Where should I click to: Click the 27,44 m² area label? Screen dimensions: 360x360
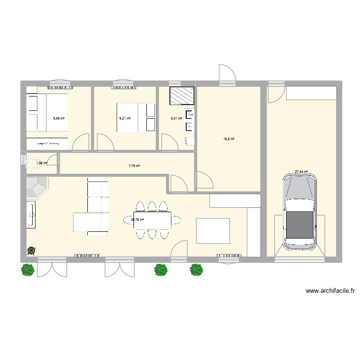pyautogui.click(x=301, y=171)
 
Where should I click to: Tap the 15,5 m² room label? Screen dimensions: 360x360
pyautogui.click(x=229, y=139)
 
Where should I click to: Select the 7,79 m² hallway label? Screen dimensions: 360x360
pyautogui.click(x=134, y=166)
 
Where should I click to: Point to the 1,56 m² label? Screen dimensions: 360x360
pyautogui.click(x=42, y=163)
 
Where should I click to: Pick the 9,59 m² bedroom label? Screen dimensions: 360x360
pyautogui.click(x=59, y=119)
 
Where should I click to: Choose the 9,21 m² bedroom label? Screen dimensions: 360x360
pyautogui.click(x=125, y=119)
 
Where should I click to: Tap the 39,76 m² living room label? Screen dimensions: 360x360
pyautogui.click(x=138, y=220)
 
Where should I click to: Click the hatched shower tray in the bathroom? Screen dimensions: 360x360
pyautogui.click(x=182, y=96)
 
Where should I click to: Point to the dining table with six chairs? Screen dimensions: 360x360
pyautogui.click(x=153, y=220)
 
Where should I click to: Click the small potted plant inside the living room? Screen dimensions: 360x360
pyautogui.click(x=32, y=250)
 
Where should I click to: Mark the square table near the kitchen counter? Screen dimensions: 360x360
pyautogui.click(x=213, y=231)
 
